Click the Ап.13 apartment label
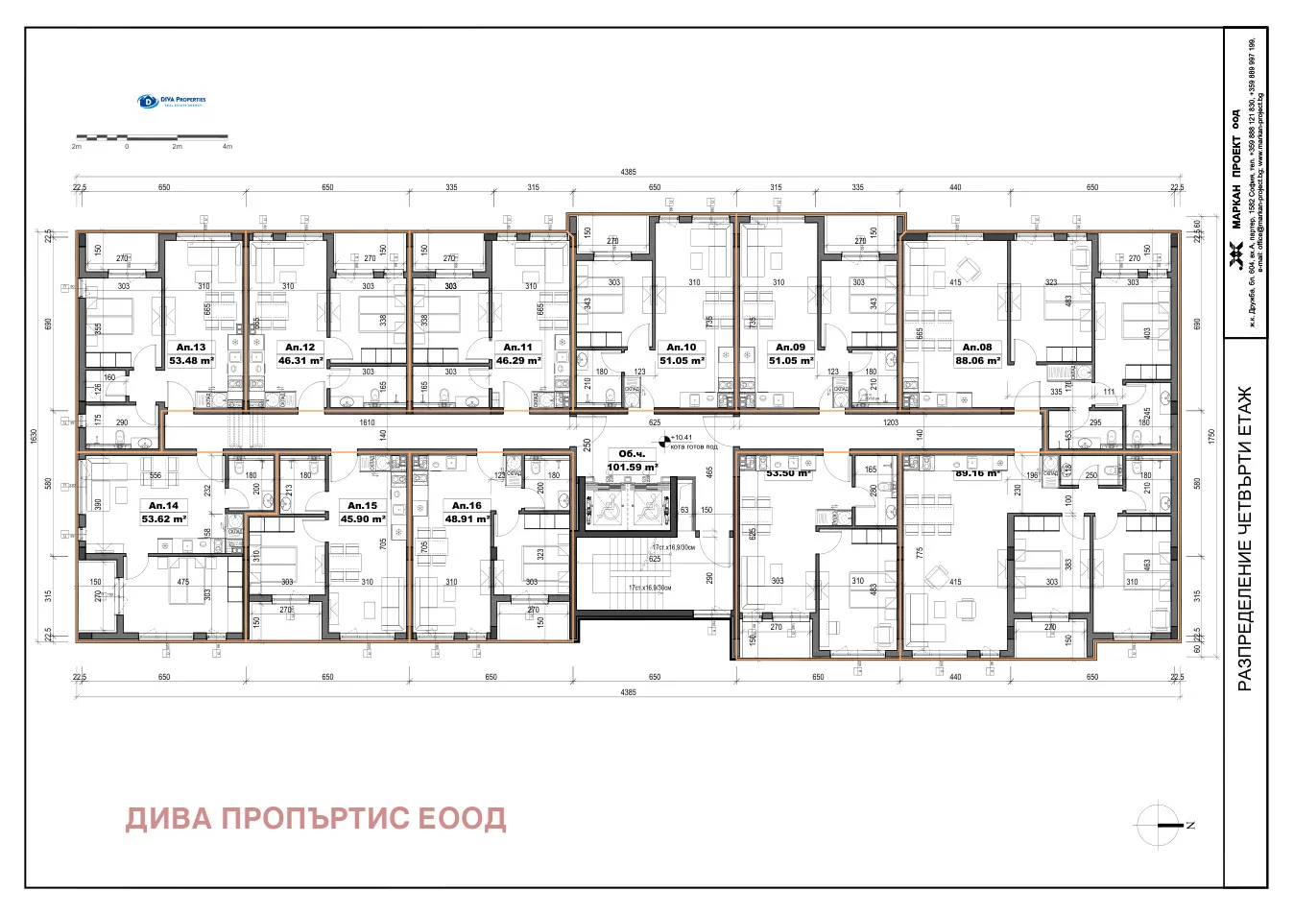191,348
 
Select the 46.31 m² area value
300,361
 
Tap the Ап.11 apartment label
517,348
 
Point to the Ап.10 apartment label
682,348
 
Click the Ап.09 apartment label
791,348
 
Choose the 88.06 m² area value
977,361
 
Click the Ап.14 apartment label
163,505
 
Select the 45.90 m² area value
363,518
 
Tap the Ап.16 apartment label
467,505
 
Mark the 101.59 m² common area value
632,468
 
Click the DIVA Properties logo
172,101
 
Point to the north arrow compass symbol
1161,825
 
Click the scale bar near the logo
152,138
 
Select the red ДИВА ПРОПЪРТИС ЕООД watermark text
316,818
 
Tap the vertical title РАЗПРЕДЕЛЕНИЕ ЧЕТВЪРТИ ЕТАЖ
1245,539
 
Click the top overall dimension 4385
628,172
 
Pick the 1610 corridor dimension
367,422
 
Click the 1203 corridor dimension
891,422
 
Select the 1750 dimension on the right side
1211,436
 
